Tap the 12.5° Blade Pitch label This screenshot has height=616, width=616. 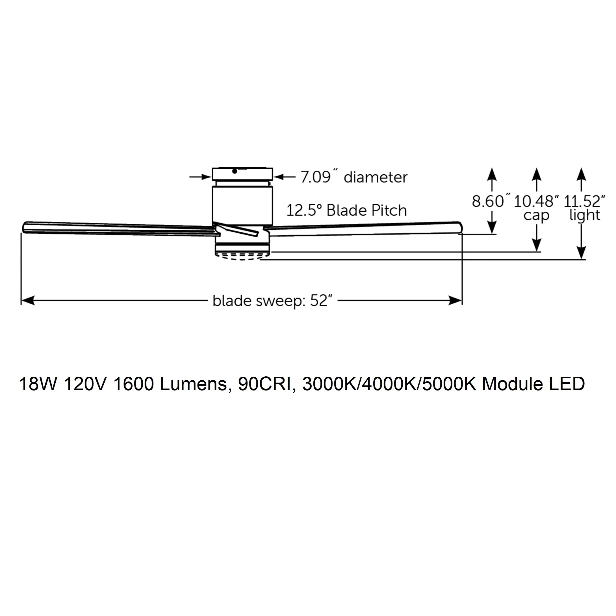347,211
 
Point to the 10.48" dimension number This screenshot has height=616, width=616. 537,201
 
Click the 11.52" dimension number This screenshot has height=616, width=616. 585,201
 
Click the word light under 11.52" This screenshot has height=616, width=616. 585,216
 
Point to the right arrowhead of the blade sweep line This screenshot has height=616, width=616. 455,300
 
